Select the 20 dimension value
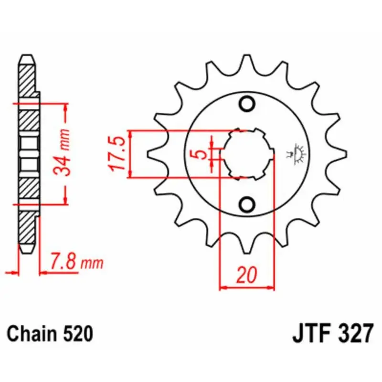coord(247,275)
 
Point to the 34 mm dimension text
coord(62,152)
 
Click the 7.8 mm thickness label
coord(77,262)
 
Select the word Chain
coord(32,333)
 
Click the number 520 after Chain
coord(78,333)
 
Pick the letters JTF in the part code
coord(310,333)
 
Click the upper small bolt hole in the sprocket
coord(247,104)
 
